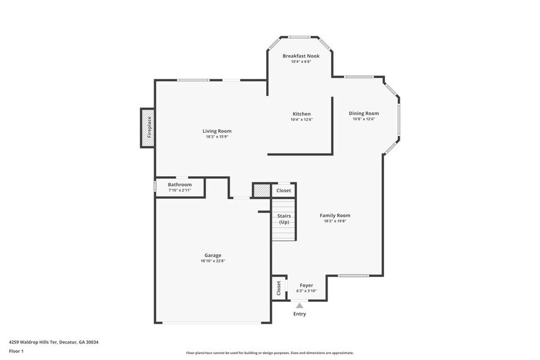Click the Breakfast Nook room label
coord(301,56)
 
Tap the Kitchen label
coord(301,114)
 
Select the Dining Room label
coord(364,113)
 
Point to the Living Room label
coord(217,131)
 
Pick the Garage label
coord(212,255)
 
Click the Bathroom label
coord(180,184)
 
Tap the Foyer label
coord(306,285)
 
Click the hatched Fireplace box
coord(147,127)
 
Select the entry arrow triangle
coord(299,305)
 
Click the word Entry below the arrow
coord(299,314)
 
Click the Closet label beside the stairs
coord(283,190)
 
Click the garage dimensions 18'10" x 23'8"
coord(212,261)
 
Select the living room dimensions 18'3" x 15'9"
coord(217,137)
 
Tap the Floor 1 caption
coord(16,351)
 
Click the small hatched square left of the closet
coord(262,190)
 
